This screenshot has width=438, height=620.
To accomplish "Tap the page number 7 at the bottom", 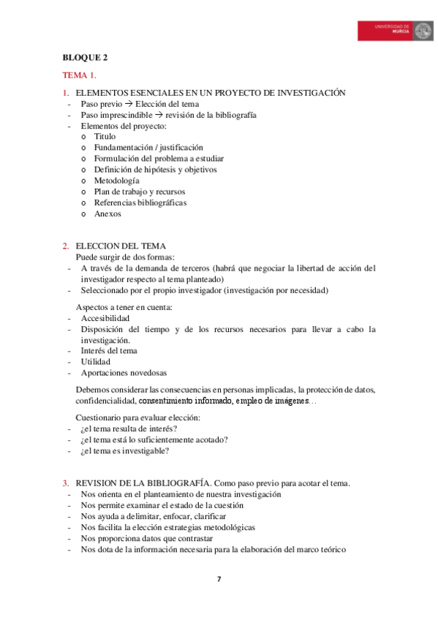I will click(219, 580).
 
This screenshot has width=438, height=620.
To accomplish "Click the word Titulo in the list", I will click(105, 136).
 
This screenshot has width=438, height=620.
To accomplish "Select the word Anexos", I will click(107, 213).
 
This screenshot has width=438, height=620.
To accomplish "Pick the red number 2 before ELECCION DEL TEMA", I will click(65, 246).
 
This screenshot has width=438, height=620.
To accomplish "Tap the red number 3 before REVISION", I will click(65, 483).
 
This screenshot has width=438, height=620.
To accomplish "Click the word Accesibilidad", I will click(105, 319).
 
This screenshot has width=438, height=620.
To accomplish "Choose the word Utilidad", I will click(96, 361).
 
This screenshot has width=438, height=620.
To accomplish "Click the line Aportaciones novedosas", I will click(124, 372).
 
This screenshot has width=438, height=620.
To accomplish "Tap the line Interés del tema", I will click(109, 351).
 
